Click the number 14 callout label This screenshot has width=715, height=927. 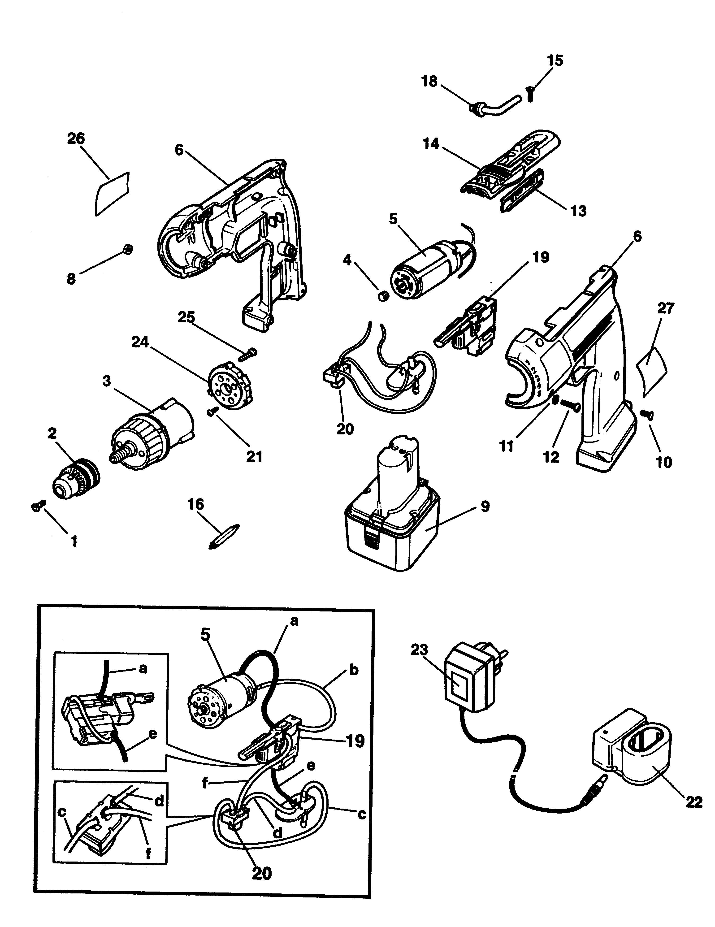pos(431,144)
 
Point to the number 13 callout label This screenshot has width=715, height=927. pos(578,211)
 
